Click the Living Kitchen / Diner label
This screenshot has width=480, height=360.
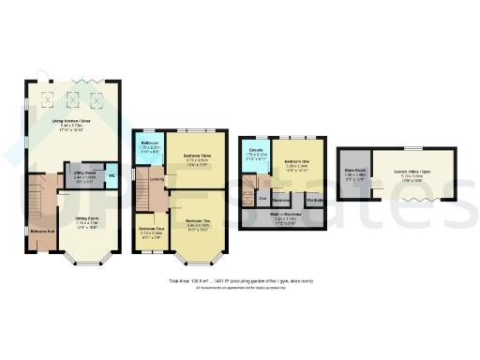[70, 122]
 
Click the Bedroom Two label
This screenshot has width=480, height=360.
[196, 221]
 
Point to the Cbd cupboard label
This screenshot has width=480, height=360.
[263, 198]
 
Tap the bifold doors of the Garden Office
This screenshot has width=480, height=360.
[413, 200]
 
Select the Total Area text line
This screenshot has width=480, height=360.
[239, 280]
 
